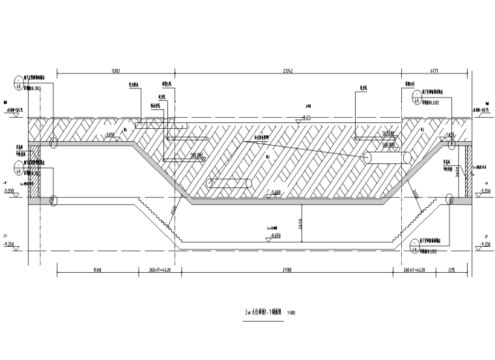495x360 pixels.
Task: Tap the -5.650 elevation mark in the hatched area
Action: coord(275,193)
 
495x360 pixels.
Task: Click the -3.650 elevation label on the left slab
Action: coord(109,135)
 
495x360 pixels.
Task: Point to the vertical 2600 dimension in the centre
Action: coord(299,222)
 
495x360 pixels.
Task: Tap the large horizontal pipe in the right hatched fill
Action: coord(388,158)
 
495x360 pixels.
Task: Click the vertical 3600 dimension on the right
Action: coord(458,171)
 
